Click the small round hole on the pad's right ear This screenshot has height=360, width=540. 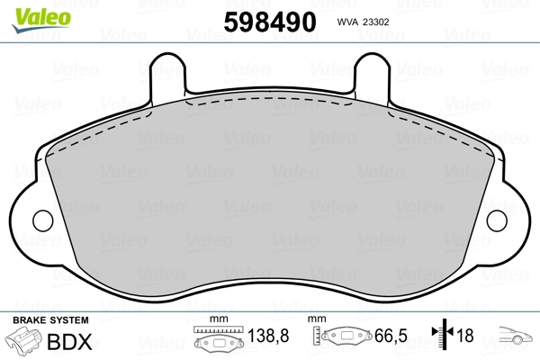[498, 220]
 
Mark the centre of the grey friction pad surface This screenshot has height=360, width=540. [269, 193]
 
